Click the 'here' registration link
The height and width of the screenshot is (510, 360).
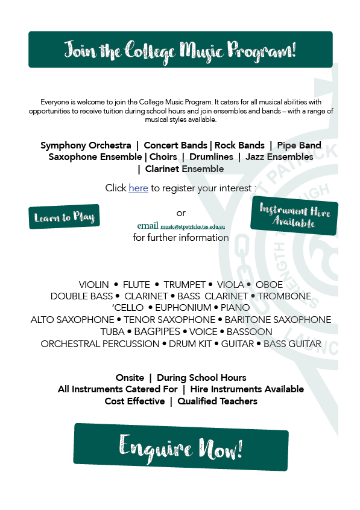pos(138,188)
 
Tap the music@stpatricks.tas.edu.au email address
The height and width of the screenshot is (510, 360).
pos(192,226)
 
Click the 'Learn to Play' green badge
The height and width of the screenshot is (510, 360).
pos(64,217)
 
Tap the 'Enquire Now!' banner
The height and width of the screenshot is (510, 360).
pos(181,447)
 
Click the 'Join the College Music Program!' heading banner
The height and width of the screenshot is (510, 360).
pos(180,49)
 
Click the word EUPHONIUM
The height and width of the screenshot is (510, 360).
pos(183,308)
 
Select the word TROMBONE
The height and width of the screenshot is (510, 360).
pos(285,296)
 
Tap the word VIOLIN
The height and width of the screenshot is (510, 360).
pos(94,284)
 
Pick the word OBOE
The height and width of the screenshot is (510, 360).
pos(269,284)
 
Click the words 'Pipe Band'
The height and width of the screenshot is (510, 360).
pos(299,145)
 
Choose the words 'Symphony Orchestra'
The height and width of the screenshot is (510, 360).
pos(86,145)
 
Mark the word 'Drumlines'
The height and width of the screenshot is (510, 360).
pos(211,157)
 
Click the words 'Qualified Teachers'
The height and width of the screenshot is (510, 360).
pos(217,401)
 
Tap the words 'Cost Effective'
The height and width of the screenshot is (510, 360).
pos(134,401)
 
